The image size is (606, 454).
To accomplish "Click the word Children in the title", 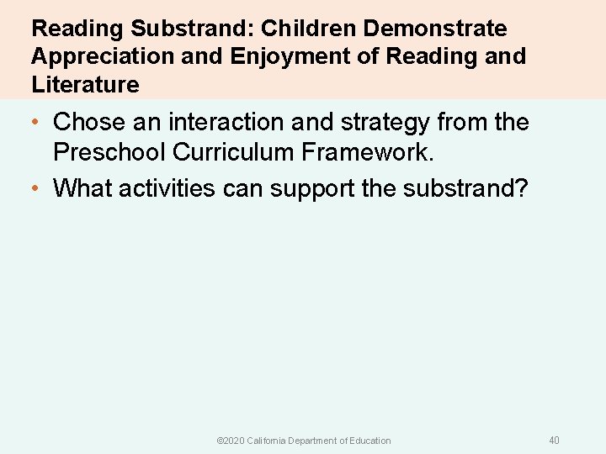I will (309, 29).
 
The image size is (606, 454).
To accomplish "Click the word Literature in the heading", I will (85, 84).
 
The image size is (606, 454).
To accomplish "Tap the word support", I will (310, 189).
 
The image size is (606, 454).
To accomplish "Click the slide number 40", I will (554, 441).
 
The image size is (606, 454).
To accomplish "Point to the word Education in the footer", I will (368, 441).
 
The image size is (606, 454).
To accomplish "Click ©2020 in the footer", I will (229, 441).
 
